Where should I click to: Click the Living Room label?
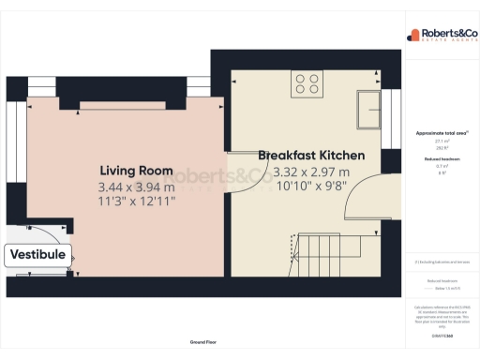(x=137, y=171)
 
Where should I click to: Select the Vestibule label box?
(x=37, y=254)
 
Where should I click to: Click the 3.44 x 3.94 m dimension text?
(x=137, y=187)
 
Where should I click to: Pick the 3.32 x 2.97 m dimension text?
(x=311, y=172)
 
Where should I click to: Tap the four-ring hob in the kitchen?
(x=307, y=83)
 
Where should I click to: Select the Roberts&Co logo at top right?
(x=439, y=36)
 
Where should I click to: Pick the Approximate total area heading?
(x=439, y=133)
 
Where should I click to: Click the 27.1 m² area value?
(x=439, y=142)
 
